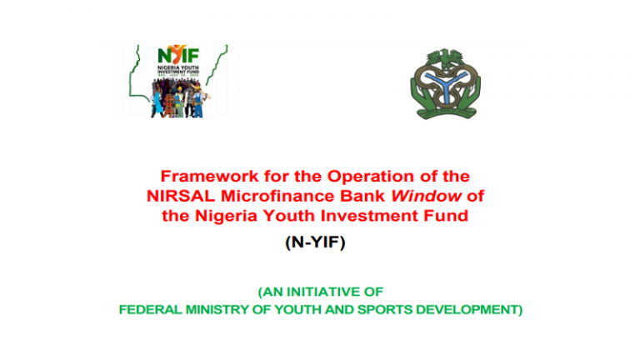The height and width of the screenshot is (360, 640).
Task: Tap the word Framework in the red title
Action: click(x=199, y=177)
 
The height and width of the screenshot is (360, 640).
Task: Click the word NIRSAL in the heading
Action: click(x=178, y=196)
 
